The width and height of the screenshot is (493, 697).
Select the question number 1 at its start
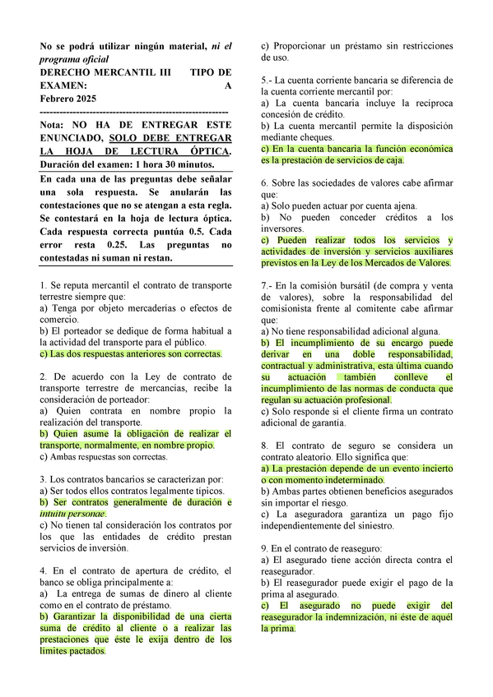[43, 284]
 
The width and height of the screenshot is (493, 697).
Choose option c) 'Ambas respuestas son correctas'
[108, 456]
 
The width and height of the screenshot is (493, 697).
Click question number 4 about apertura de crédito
[43, 570]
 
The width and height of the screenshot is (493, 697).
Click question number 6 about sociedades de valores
[263, 183]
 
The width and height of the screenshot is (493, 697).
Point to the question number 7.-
[266, 284]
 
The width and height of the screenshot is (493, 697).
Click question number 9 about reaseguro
[263, 547]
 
